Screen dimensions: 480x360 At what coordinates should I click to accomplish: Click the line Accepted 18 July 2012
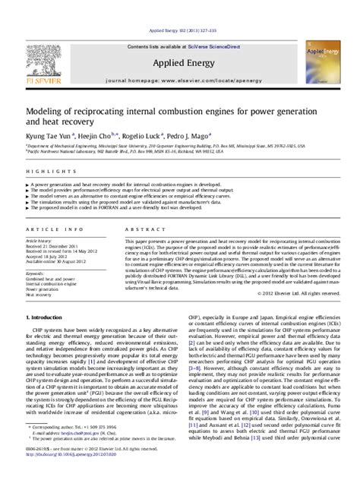point(50,257)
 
